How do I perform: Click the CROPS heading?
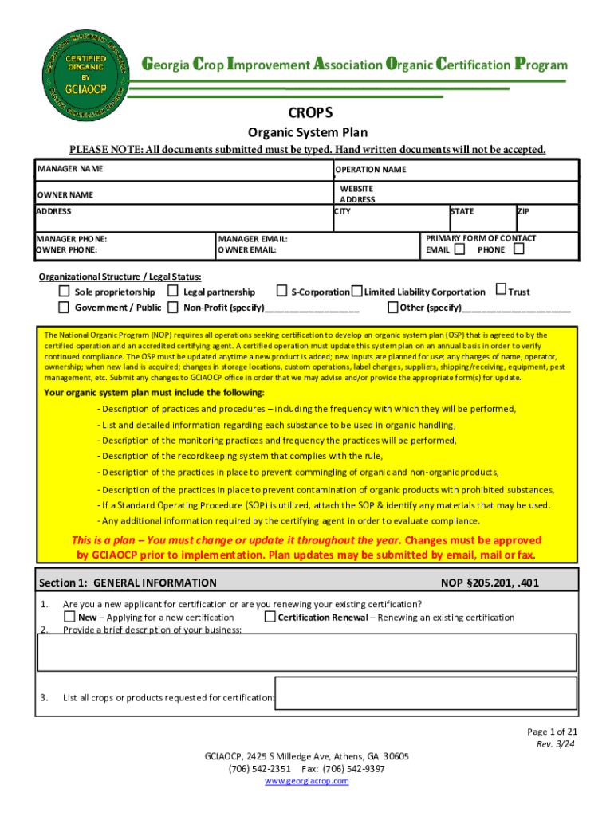[307, 113]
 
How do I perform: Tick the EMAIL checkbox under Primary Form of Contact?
[460, 249]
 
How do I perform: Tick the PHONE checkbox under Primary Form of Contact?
[519, 249]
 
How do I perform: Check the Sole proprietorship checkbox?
[63, 292]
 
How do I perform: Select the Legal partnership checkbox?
[172, 292]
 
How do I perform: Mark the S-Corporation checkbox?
[281, 292]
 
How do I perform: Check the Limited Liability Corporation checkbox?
[357, 292]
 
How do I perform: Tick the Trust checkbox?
[501, 291]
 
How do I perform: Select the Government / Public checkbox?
[63, 307]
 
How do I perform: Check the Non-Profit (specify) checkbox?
[172, 307]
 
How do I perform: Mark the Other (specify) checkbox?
[393, 307]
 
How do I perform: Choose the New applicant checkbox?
[70, 617]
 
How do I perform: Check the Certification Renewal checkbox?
[270, 617]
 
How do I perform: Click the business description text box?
[307, 653]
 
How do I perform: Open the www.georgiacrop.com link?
[307, 781]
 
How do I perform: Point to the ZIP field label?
[524, 211]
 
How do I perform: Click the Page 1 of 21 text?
[546, 732]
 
